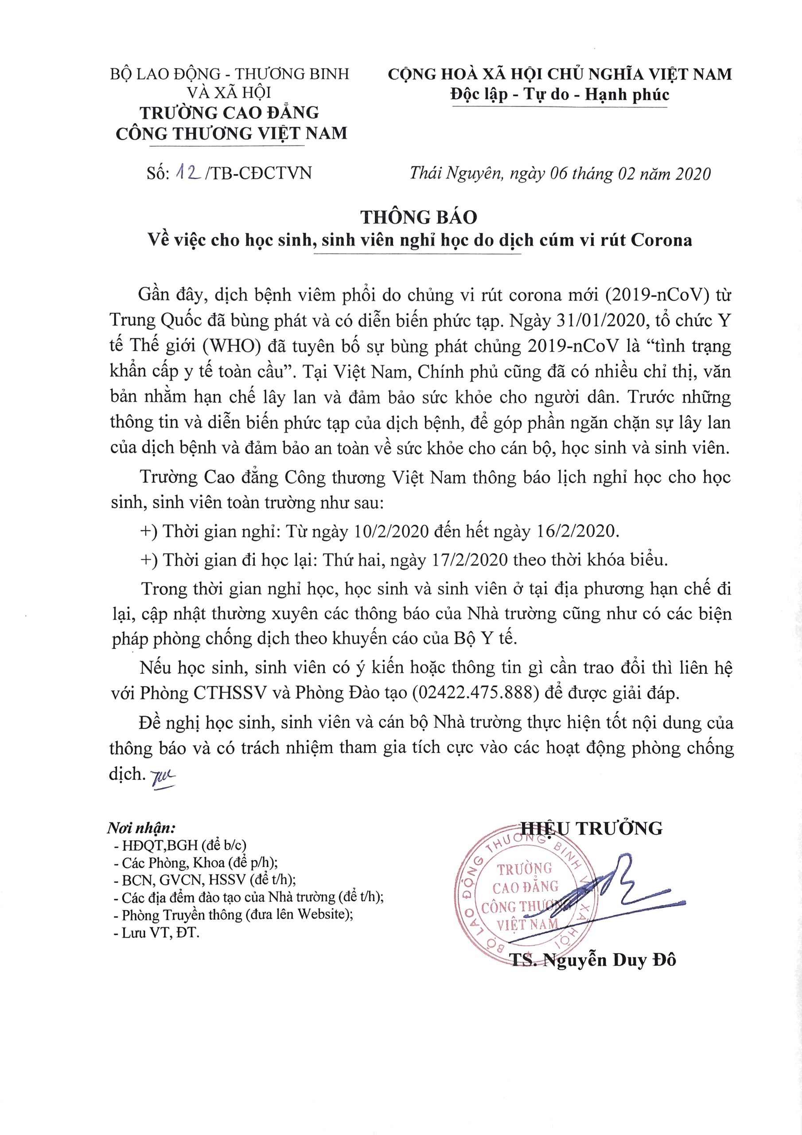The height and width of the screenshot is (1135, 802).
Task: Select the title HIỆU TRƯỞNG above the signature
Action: (592, 828)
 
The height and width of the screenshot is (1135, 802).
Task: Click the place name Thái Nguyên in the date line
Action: (455, 173)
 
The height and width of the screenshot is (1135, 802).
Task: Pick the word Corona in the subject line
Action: (661, 240)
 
